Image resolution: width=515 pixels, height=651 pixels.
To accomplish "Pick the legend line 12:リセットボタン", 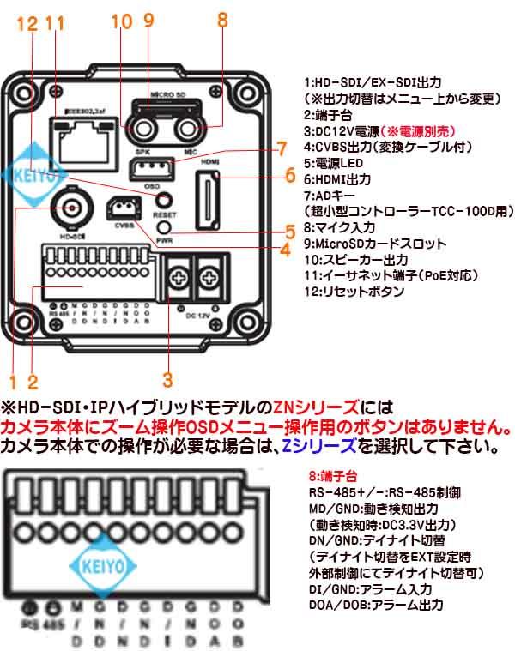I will pos(354,292).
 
